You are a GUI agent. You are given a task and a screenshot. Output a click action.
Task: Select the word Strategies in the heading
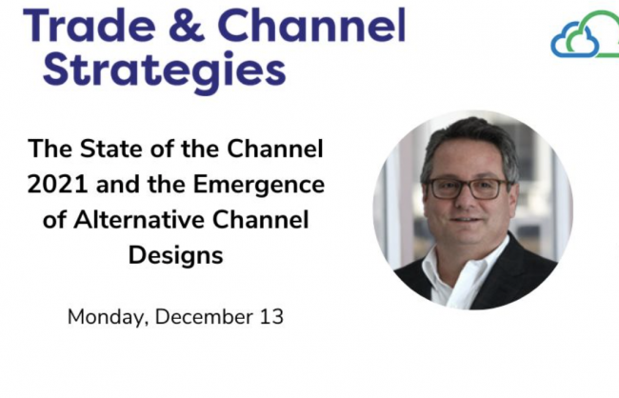pyautogui.click(x=164, y=70)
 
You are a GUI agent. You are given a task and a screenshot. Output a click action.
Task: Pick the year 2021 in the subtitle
pyautogui.click(x=58, y=185)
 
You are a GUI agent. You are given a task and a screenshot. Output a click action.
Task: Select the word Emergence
pyautogui.click(x=259, y=186)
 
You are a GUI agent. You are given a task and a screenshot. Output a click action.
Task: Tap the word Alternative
pyautogui.click(x=138, y=220)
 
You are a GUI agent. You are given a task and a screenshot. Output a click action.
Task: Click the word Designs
pyautogui.click(x=175, y=257)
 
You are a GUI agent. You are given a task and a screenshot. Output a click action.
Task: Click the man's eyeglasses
pyautogui.click(x=467, y=189)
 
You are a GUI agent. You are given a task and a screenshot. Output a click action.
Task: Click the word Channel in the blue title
pyautogui.click(x=311, y=25)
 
